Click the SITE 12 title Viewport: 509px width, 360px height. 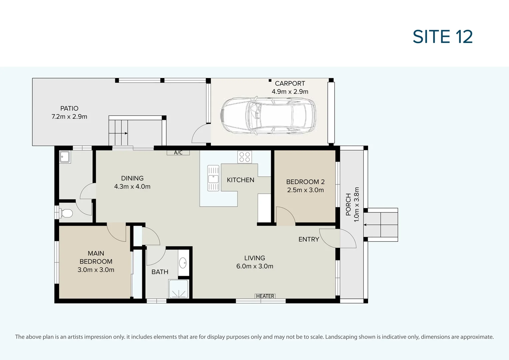(x=443, y=37)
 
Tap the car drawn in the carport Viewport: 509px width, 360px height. (x=268, y=116)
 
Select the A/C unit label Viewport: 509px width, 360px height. (x=178, y=153)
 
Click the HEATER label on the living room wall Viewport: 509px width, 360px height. (x=265, y=296)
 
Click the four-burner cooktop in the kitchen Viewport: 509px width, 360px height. (x=245, y=157)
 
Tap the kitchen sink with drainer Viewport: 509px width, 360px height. (x=213, y=178)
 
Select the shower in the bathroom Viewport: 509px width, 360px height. (x=178, y=289)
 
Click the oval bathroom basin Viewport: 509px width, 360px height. (x=183, y=263)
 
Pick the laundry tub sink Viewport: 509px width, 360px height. (x=65, y=157)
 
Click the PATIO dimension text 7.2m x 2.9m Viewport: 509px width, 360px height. (x=69, y=117)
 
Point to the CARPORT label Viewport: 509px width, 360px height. (x=290, y=83)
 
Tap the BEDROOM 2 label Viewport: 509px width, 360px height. (x=305, y=182)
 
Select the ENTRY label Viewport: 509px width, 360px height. (x=309, y=239)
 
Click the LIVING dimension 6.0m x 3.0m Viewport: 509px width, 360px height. (x=255, y=266)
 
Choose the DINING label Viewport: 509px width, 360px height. (x=132, y=178)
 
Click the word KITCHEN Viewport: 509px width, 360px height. (x=240, y=180)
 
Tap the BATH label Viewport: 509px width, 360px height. (x=160, y=272)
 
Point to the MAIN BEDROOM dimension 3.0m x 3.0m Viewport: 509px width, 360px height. (x=96, y=270)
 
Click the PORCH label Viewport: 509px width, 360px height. (x=348, y=204)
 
